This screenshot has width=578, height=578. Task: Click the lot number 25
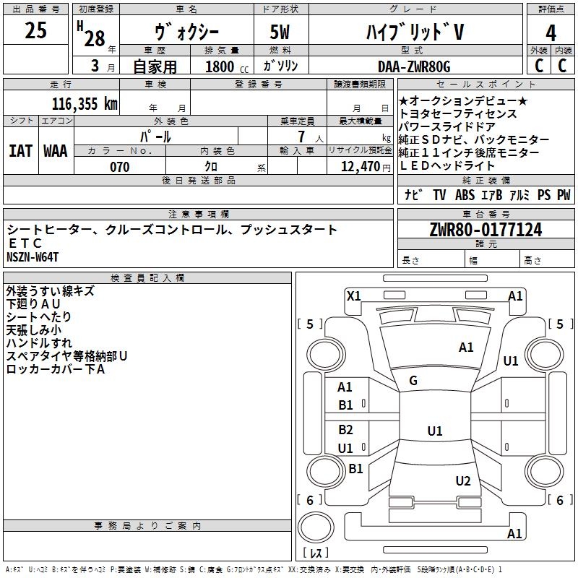(x=35, y=30)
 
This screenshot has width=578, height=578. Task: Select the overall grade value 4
(x=551, y=33)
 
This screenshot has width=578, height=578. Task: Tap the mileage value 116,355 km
(x=85, y=104)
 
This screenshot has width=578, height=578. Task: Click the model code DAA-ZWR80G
(x=414, y=66)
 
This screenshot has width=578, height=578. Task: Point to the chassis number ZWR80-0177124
(x=486, y=230)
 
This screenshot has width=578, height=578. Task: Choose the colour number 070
(x=120, y=167)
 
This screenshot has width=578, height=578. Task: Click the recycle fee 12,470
(x=361, y=167)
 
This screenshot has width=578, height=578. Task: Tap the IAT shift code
(x=21, y=151)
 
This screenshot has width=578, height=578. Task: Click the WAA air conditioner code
(x=56, y=151)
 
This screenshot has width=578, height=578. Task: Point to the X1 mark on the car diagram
(x=354, y=296)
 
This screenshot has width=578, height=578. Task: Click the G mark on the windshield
(x=413, y=380)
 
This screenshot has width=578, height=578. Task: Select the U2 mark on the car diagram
(x=463, y=480)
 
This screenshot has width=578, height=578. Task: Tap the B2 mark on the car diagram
(x=345, y=429)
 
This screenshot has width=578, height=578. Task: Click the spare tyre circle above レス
(x=316, y=527)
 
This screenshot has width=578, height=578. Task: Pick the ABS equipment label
(x=465, y=194)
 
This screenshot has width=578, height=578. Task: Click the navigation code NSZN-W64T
(x=33, y=257)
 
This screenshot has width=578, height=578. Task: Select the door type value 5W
(x=280, y=32)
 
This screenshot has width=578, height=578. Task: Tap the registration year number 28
(x=95, y=38)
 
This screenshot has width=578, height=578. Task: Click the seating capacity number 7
(x=301, y=137)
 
